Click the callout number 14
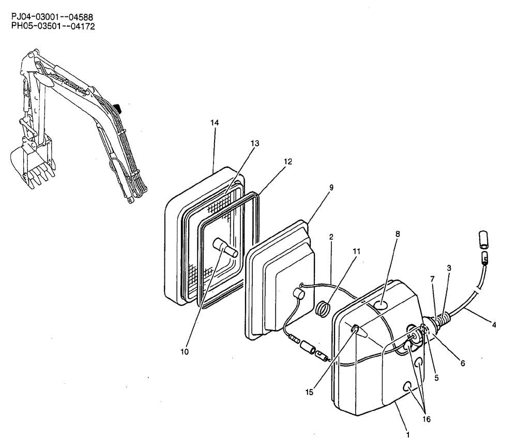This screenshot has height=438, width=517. point(215,122)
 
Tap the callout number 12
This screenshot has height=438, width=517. point(288,162)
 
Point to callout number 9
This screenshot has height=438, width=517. point(331,187)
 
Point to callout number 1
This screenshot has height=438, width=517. point(408,434)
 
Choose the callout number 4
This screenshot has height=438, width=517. point(494,325)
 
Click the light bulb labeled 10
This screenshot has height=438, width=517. point(227,247)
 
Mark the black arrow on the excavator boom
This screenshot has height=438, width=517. point(117,107)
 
